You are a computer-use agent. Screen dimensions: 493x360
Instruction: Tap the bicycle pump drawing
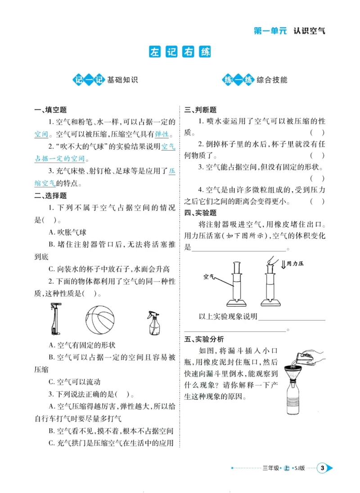(54, 319)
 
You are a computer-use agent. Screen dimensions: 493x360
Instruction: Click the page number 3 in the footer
(322, 468)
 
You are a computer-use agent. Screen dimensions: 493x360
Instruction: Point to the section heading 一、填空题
(50, 110)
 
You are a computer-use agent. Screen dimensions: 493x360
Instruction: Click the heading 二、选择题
(50, 196)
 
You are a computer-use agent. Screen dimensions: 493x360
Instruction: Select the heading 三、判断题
(201, 110)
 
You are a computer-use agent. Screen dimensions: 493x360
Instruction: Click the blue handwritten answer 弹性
(162, 134)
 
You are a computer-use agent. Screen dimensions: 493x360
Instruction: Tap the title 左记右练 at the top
(180, 52)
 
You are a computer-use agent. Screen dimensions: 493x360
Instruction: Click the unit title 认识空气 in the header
(309, 31)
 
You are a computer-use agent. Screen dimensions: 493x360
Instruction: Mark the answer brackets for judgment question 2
(317, 156)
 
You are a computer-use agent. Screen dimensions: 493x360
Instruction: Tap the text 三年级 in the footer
(270, 468)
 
